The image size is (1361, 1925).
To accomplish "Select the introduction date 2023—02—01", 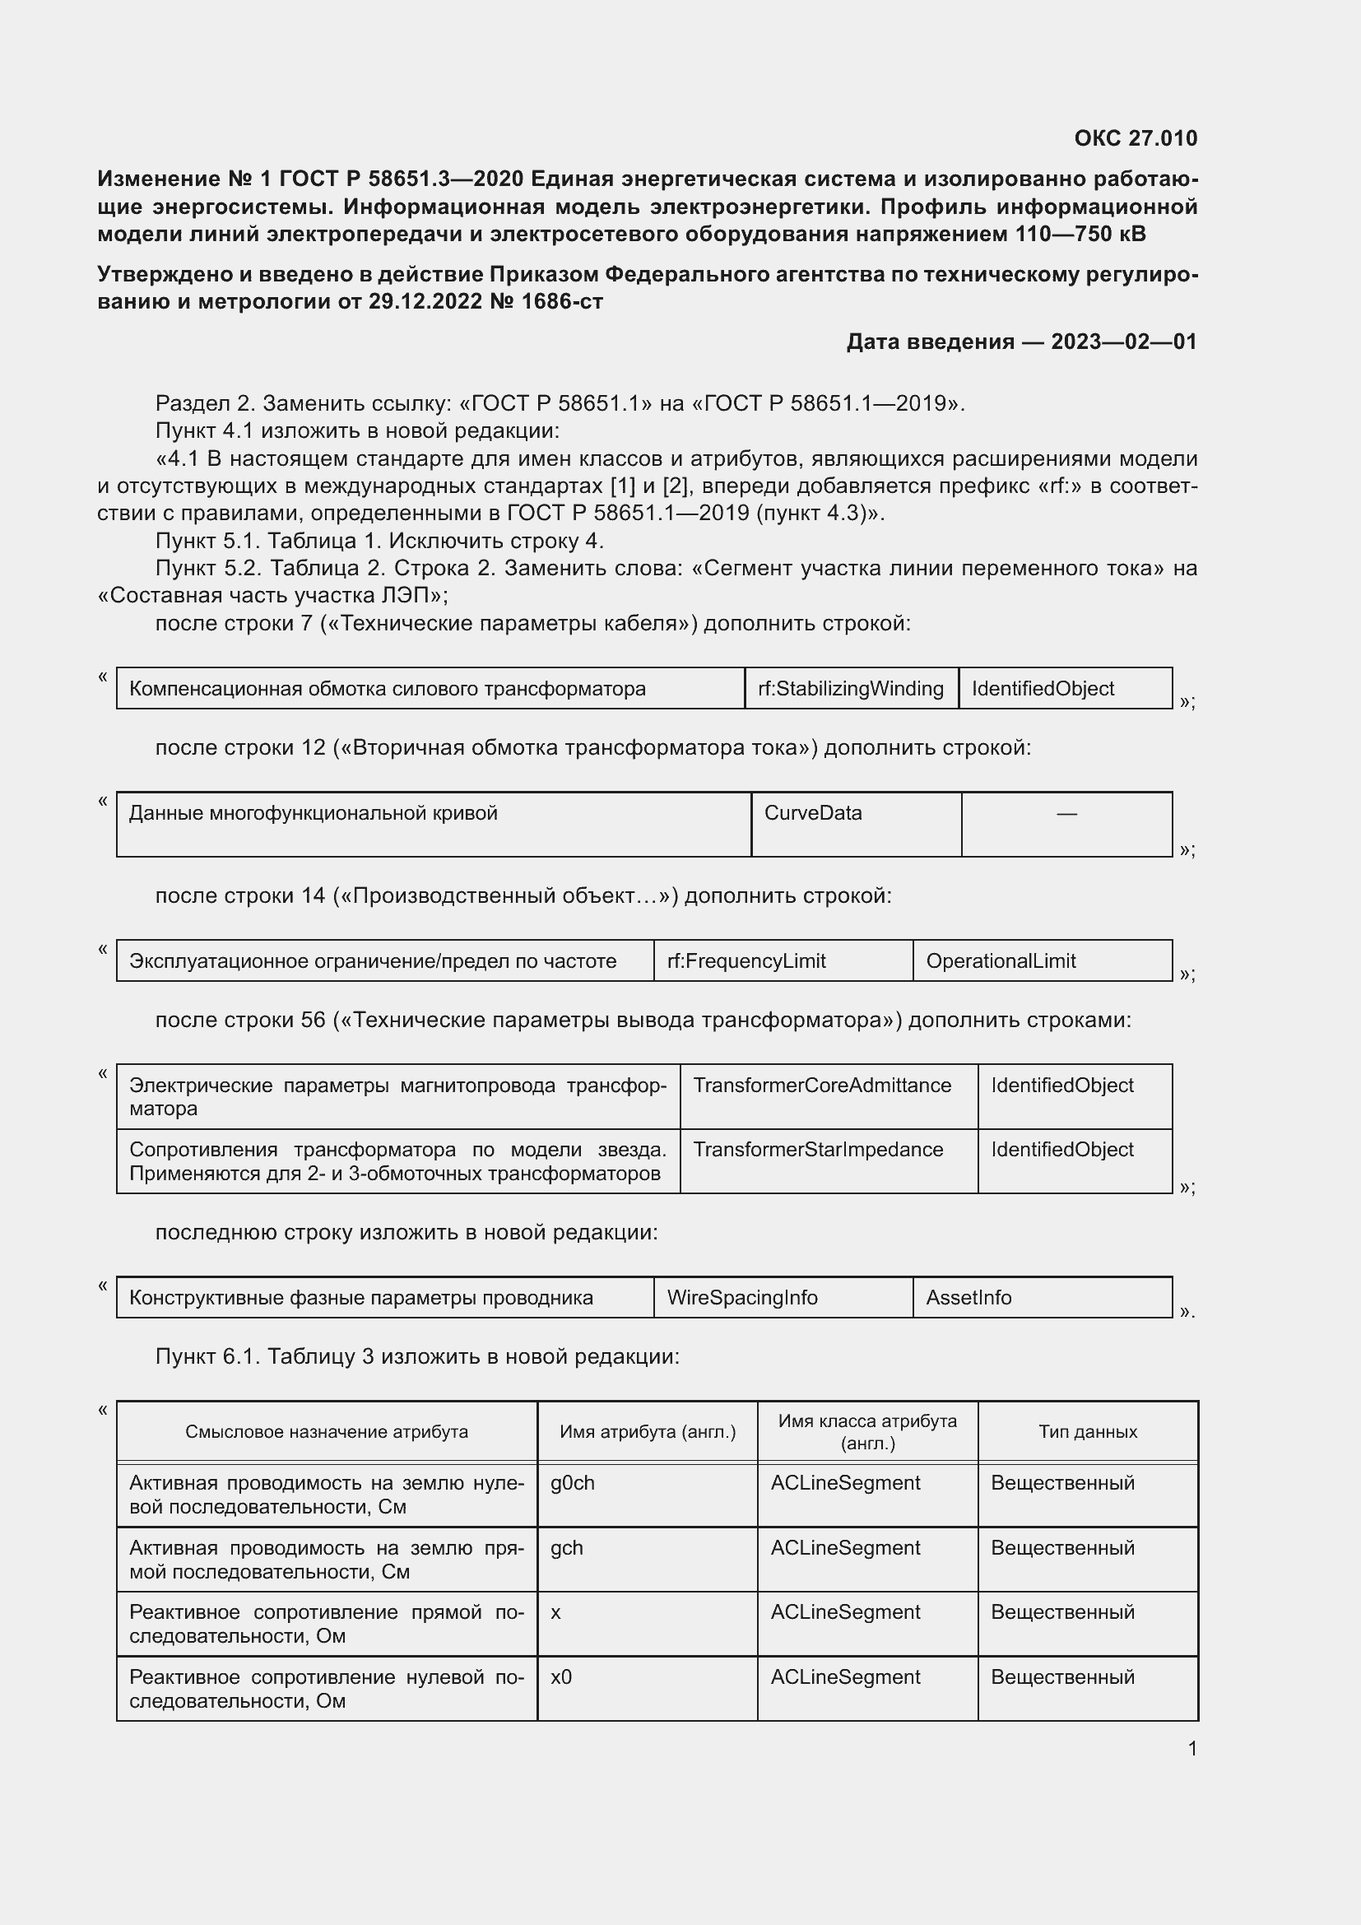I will pos(1123,342).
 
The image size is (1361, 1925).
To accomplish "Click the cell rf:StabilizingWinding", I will pos(850,688).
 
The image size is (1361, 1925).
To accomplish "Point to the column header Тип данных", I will pos(1087,1432).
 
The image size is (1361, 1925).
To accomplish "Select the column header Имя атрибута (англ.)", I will pos(647,1432).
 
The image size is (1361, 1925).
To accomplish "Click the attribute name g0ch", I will pos(573,1483).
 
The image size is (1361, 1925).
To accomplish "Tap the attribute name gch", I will pos(566,1548).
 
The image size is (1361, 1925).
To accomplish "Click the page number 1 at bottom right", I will pos(1191,1749).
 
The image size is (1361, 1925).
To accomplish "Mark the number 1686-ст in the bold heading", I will pos(561,301).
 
